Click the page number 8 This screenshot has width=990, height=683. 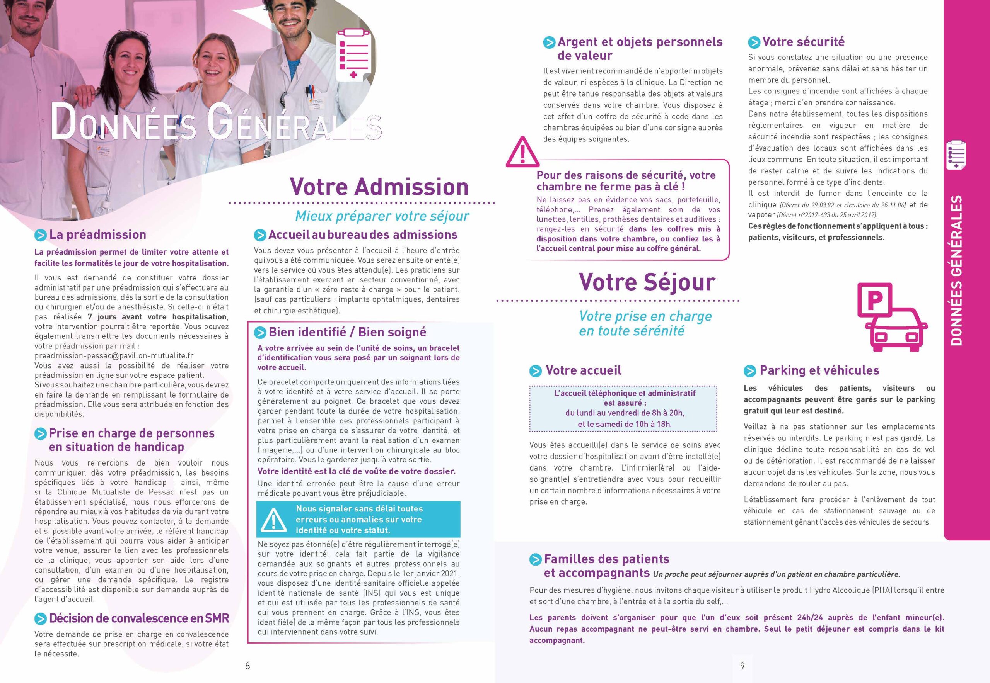[x=247, y=666]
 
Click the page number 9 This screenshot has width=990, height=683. [x=742, y=666]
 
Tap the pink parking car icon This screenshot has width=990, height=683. [x=892, y=317]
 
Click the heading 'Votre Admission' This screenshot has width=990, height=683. [x=379, y=187]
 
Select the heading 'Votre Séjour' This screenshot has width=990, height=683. [x=647, y=282]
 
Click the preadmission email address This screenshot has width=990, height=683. [x=114, y=356]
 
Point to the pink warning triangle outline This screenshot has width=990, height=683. [x=522, y=152]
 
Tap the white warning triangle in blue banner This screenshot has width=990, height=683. [x=273, y=519]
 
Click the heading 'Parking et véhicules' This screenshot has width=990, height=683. [x=819, y=370]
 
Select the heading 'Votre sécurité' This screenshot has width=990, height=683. [x=803, y=42]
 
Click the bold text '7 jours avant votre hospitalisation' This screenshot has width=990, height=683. [x=157, y=317]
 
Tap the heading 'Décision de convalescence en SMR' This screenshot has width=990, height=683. [x=139, y=618]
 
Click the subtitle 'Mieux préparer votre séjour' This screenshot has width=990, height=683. [x=382, y=216]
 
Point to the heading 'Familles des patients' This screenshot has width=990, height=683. [x=606, y=559]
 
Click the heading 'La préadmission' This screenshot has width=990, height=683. [x=98, y=234]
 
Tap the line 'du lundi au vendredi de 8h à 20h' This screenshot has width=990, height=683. [x=625, y=413]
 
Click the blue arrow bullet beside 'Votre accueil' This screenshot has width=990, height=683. [x=536, y=371]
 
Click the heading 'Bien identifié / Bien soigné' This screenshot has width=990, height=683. [x=347, y=332]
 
